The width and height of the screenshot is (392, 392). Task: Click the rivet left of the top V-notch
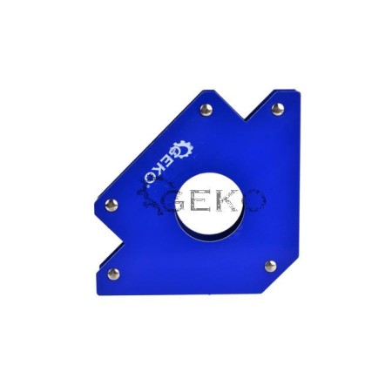click(x=206, y=110)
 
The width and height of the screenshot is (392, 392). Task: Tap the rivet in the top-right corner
click(x=278, y=109)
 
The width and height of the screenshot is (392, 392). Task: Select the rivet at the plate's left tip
click(x=112, y=205)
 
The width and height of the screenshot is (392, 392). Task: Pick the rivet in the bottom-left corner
click(x=113, y=274)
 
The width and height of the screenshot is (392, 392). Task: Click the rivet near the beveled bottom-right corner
click(x=271, y=266)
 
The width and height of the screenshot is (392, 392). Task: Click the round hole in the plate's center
click(x=210, y=207)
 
